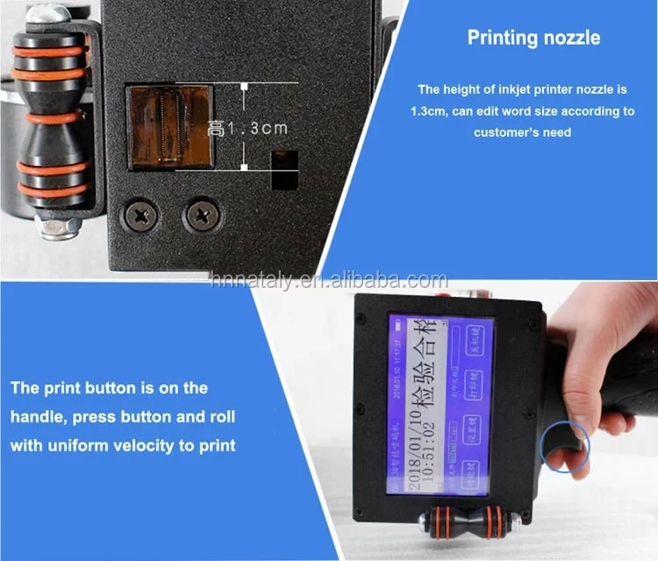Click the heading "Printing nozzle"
[x=533, y=38]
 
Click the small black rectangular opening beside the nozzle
[x=283, y=169]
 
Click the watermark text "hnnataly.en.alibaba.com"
[x=329, y=280]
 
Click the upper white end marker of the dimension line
[x=245, y=86]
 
